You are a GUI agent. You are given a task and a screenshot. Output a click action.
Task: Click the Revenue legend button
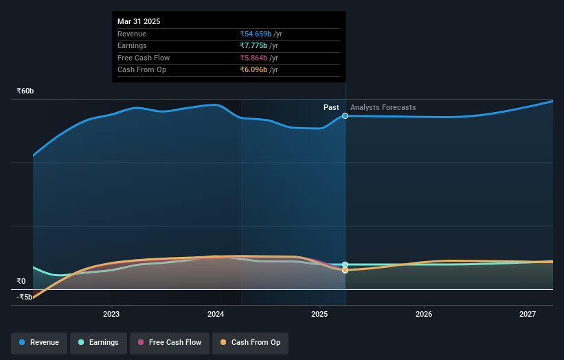39,342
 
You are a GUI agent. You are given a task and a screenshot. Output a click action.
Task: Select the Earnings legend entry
98,342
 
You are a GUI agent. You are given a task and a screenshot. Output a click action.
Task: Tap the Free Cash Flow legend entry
169,342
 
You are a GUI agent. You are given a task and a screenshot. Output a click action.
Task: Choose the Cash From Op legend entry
250,342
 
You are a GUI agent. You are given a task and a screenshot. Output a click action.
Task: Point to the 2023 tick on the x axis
111,314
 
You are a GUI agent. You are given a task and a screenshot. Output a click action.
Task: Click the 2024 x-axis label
216,314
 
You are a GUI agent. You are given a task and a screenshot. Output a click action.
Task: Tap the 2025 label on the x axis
319,314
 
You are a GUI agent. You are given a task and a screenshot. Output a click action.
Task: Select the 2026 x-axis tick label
424,314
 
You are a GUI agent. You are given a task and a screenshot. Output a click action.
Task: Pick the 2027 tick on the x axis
528,314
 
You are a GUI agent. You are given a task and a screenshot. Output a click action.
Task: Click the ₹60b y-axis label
25,91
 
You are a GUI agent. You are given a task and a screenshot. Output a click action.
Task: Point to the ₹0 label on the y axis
21,281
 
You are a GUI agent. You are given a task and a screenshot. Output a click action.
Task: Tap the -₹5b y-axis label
25,297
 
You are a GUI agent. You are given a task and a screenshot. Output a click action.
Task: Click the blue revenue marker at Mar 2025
345,116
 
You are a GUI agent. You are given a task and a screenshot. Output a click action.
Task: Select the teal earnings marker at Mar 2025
345,265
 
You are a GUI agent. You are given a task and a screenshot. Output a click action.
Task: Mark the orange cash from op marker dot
345,270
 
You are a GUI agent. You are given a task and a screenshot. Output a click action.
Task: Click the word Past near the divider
331,107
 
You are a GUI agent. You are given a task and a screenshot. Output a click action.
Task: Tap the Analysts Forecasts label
383,107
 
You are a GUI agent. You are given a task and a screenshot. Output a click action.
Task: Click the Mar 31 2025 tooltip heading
139,21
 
